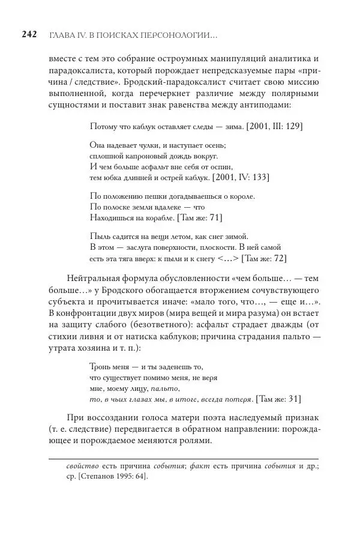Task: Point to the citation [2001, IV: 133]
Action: point(240,178)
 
